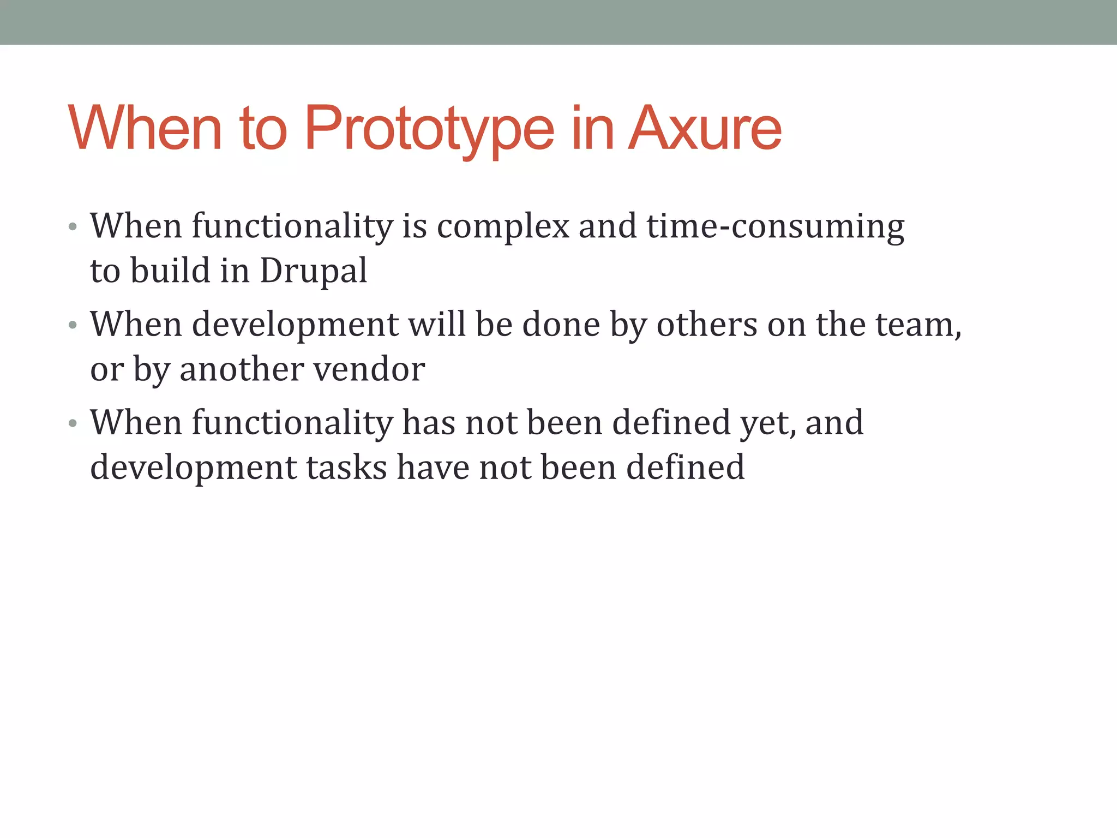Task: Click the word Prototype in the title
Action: [x=429, y=130]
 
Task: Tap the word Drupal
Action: [x=313, y=271]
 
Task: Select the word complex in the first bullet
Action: [x=503, y=226]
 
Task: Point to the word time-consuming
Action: [x=775, y=226]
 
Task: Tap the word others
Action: [x=706, y=325]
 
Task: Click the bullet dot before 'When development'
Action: [x=73, y=326]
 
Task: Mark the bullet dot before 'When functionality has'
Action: [x=73, y=424]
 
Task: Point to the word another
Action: [x=241, y=369]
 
